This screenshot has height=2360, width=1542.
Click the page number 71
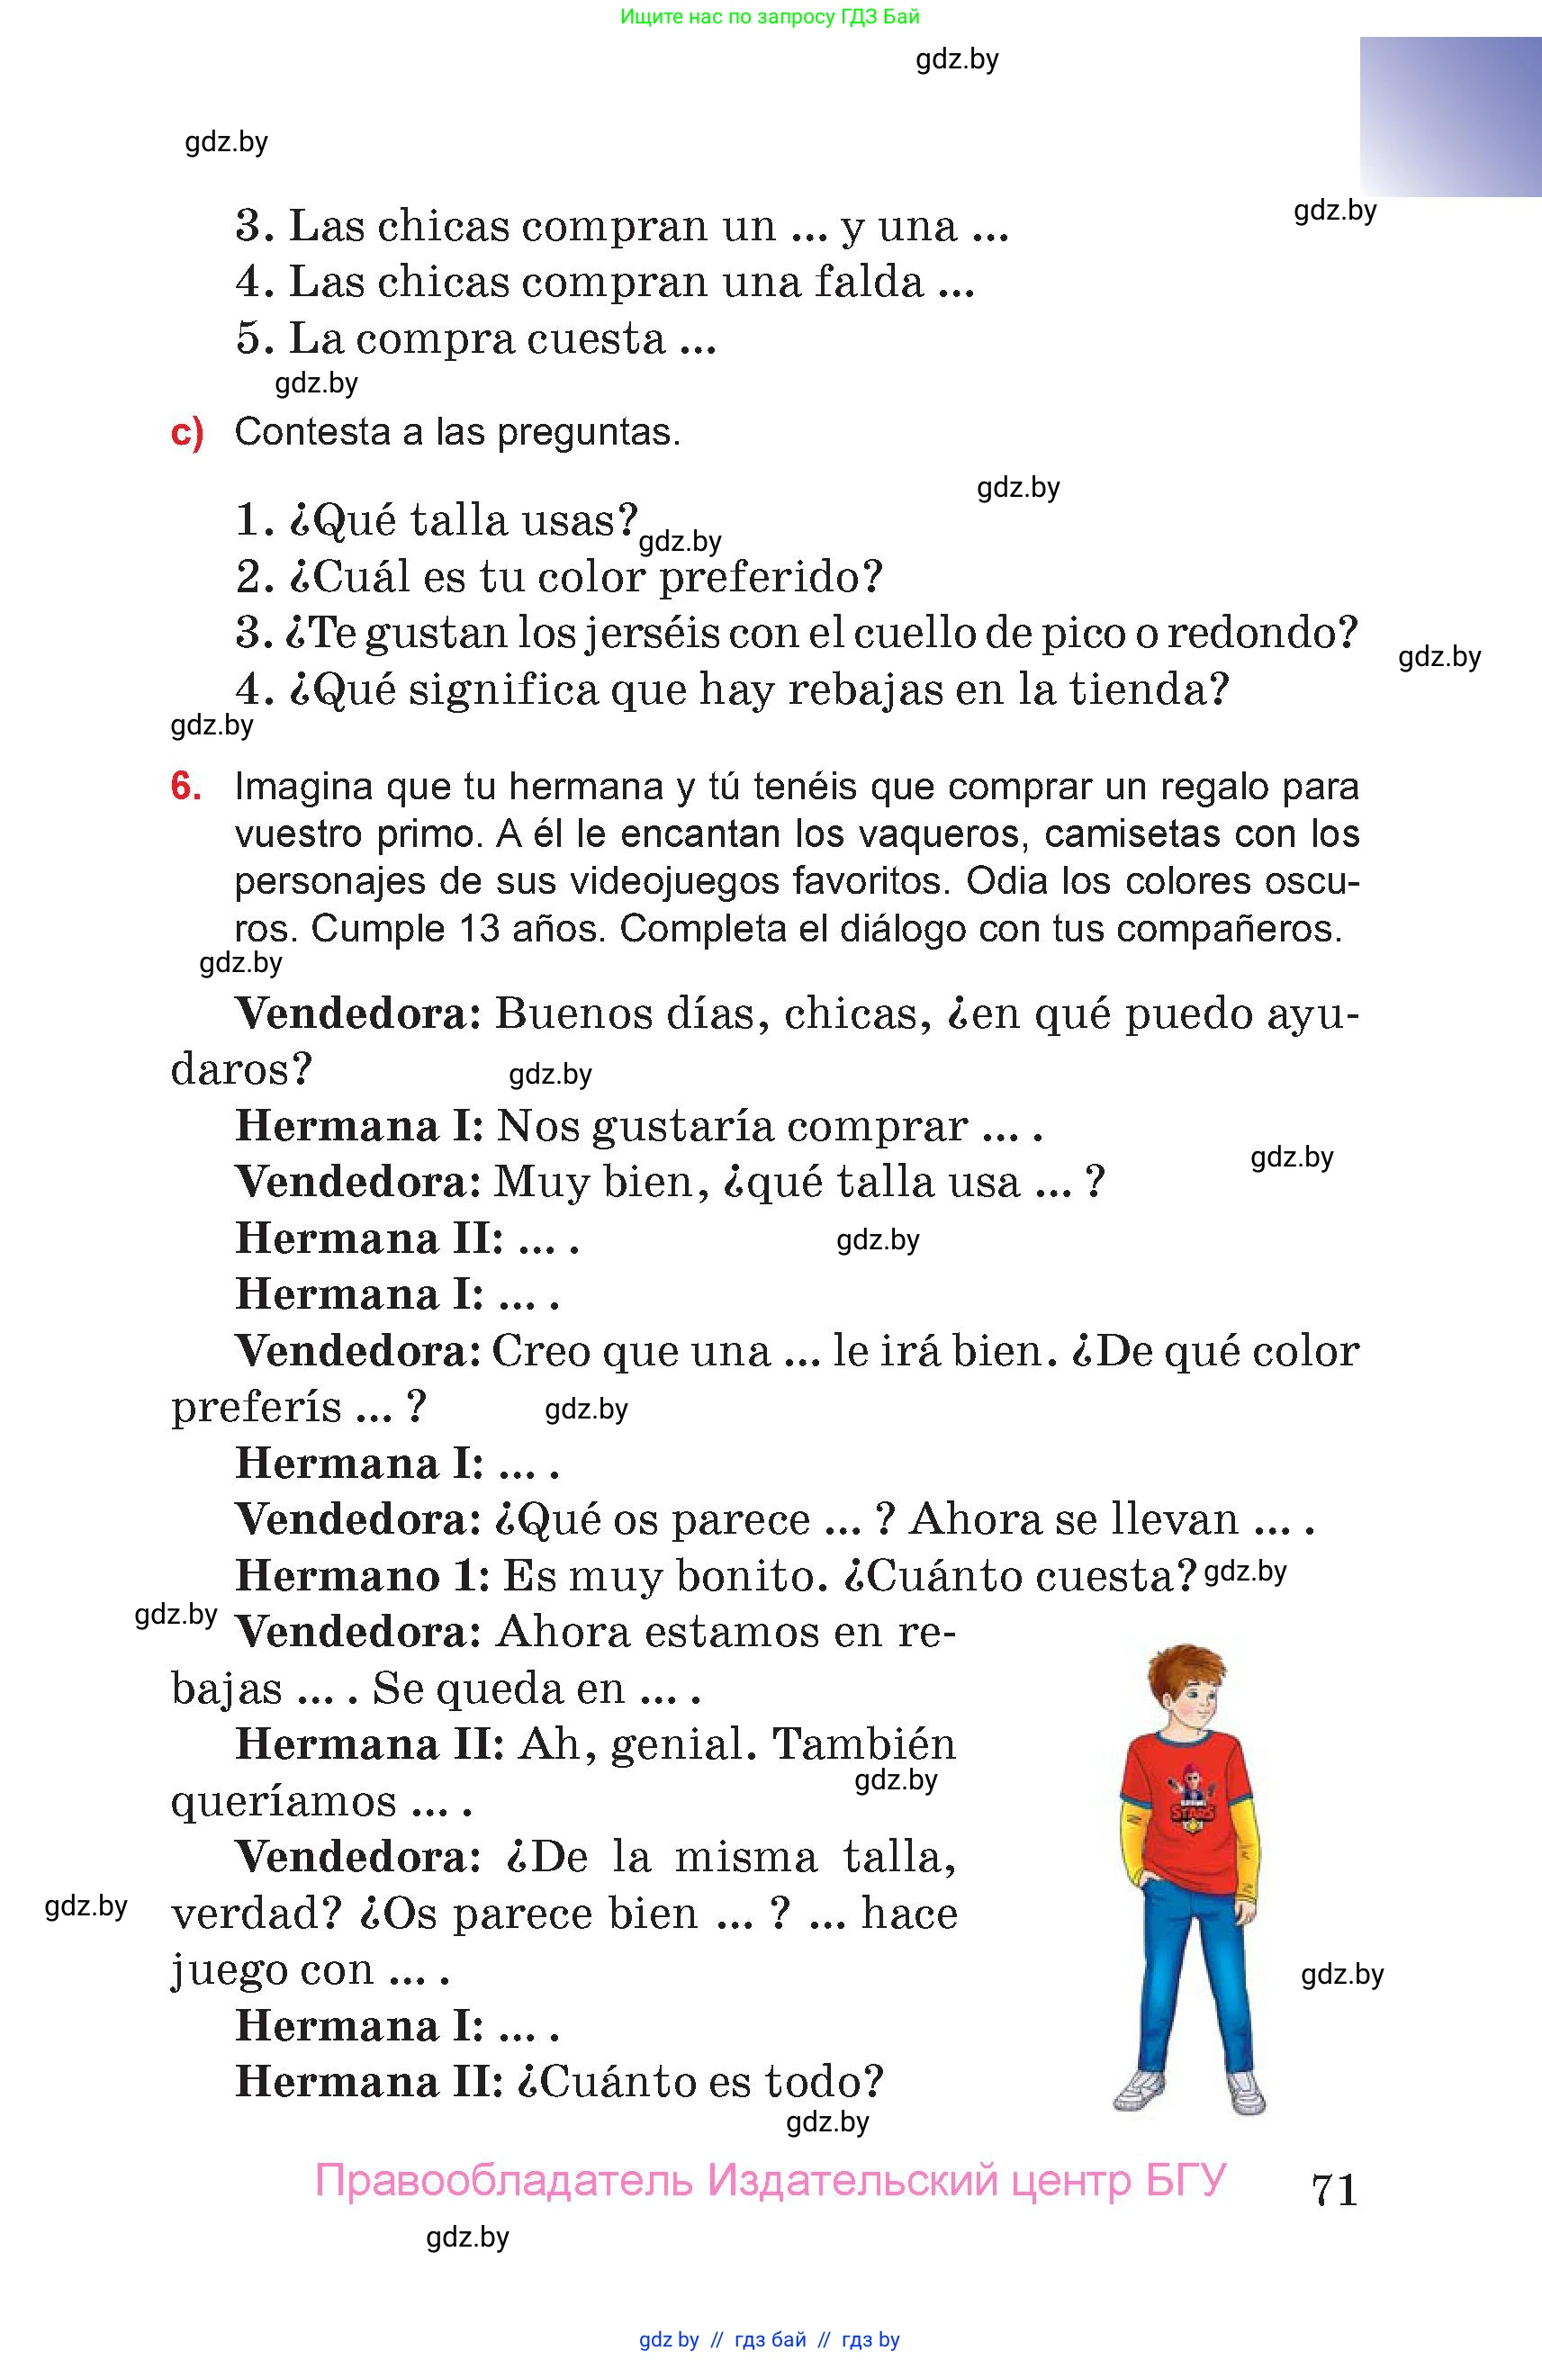(x=1334, y=2190)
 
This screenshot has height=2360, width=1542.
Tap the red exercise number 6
(x=186, y=787)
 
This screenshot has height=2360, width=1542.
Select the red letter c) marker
(x=187, y=433)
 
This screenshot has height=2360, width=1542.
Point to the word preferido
(x=771, y=577)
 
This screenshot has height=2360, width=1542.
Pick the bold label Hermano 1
(x=363, y=1577)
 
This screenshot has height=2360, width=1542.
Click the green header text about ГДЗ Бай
(x=770, y=16)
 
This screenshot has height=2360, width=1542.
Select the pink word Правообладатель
(x=504, y=2181)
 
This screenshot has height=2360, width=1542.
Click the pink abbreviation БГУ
(x=1186, y=2181)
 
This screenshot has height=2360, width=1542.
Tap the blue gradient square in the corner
(x=1450, y=116)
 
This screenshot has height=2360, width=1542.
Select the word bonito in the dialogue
(x=751, y=1577)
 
